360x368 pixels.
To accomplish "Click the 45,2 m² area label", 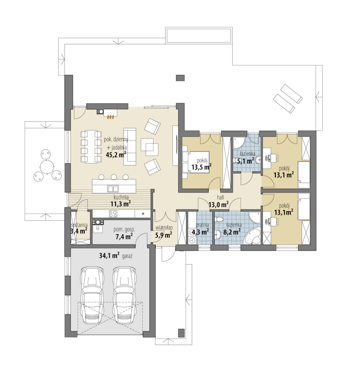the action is (116, 155).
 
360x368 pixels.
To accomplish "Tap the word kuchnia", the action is (121, 197).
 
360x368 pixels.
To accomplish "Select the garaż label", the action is (127, 256).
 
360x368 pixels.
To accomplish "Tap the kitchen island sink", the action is (113, 189).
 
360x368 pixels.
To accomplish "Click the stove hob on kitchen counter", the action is (113, 214).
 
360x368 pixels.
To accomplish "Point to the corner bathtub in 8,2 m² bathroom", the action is (252, 237).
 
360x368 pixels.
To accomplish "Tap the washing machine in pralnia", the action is (192, 240).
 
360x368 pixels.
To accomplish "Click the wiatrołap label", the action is (164, 227).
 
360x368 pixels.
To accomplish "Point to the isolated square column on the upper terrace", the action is (180, 78).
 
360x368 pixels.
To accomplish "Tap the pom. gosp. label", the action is (124, 230).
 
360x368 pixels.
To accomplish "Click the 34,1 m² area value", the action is (109, 255).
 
